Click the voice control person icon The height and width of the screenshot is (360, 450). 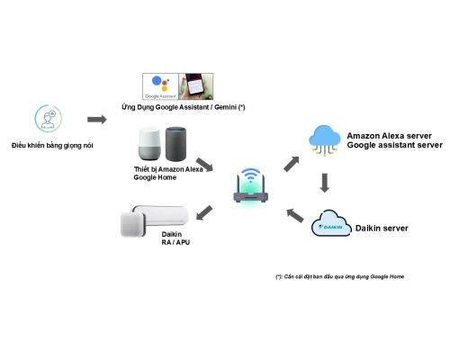click(x=48, y=118)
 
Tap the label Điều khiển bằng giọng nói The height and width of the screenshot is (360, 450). click(x=52, y=146)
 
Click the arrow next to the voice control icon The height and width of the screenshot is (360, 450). click(x=97, y=120)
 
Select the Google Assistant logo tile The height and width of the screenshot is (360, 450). click(x=160, y=86)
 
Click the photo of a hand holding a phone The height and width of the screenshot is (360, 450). click(x=196, y=86)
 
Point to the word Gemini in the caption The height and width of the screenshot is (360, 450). click(x=225, y=107)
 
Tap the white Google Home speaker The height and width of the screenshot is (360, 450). click(x=149, y=144)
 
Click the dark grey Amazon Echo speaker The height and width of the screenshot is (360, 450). click(x=175, y=144)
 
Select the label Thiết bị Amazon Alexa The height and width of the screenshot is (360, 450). click(x=168, y=169)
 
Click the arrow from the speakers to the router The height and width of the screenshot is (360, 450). click(x=204, y=165)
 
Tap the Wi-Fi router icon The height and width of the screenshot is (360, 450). click(x=250, y=186)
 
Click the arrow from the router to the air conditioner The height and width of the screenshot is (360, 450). click(x=204, y=212)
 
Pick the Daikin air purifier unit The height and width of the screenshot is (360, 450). click(x=132, y=224)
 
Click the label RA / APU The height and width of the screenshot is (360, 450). click(x=175, y=242)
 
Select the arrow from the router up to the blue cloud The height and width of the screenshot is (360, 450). click(x=292, y=164)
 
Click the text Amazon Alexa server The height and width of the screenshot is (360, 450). click(x=389, y=136)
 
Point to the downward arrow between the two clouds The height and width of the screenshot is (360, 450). click(x=325, y=183)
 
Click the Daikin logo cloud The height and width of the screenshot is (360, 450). click(x=331, y=223)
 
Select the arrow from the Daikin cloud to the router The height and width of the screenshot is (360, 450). click(x=295, y=216)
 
